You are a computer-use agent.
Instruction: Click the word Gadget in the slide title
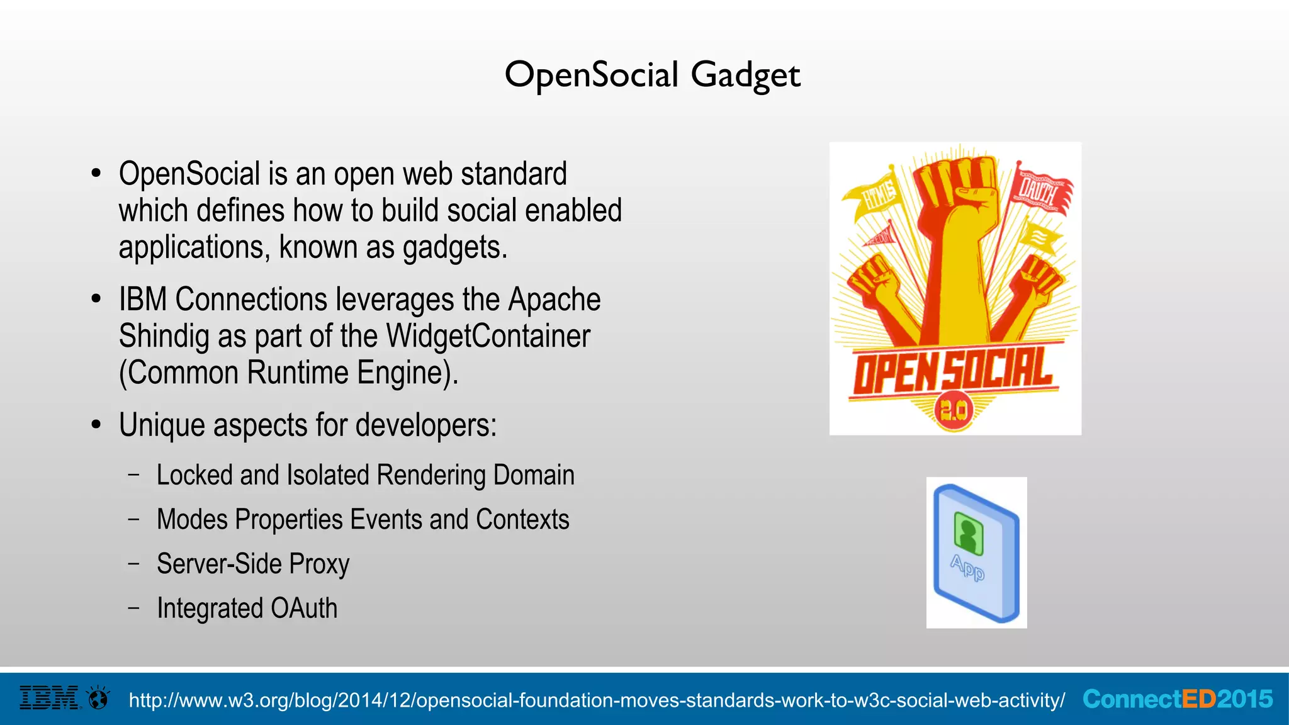click(745, 76)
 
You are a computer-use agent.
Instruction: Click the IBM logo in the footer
click(50, 698)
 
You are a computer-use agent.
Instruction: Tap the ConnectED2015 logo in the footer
click(1178, 699)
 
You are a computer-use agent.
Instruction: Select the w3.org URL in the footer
click(597, 700)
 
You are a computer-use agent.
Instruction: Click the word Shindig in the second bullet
click(164, 337)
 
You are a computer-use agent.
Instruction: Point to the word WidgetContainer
click(488, 336)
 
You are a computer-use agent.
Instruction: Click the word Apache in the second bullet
click(554, 300)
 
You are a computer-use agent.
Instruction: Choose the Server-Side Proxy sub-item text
click(253, 564)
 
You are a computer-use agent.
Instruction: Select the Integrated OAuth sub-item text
click(247, 609)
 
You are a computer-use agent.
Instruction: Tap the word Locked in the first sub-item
click(194, 475)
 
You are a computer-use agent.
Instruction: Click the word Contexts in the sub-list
click(522, 520)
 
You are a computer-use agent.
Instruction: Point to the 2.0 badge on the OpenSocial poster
click(954, 411)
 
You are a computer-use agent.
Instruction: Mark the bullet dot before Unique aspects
click(96, 425)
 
